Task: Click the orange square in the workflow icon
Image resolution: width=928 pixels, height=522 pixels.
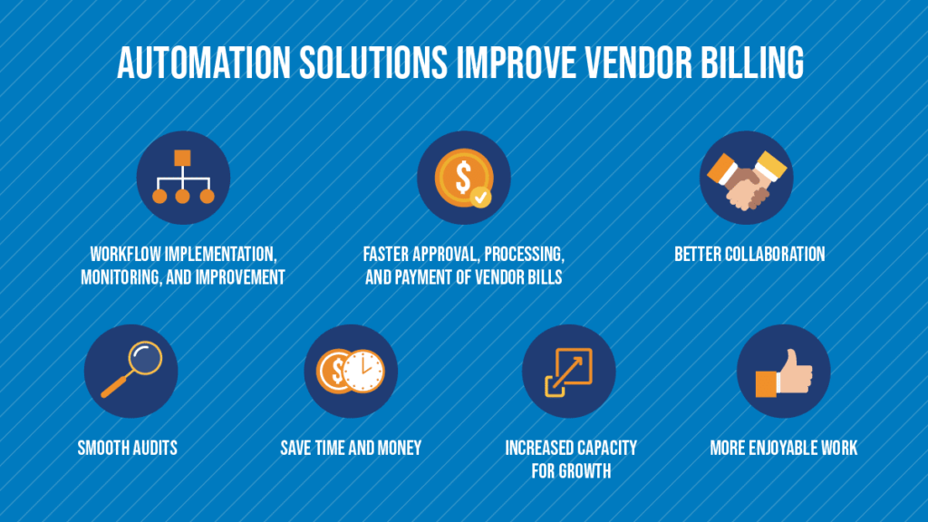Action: point(182,158)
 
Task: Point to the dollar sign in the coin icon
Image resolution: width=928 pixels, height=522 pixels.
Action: point(463,177)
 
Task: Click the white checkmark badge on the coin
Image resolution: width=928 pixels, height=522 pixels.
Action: point(480,197)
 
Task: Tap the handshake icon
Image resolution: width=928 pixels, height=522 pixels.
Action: point(747,179)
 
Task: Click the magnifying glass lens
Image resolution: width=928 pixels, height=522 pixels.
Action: point(144,358)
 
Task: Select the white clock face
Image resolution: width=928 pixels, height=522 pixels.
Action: point(364,371)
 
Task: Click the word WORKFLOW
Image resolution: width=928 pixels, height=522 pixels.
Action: point(125,255)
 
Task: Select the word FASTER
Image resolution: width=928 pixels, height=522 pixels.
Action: point(386,255)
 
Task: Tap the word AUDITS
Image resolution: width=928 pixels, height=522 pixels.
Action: point(153,448)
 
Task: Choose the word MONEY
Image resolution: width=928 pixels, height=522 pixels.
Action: point(400,448)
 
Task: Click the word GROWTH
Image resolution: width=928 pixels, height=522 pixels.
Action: point(583,471)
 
